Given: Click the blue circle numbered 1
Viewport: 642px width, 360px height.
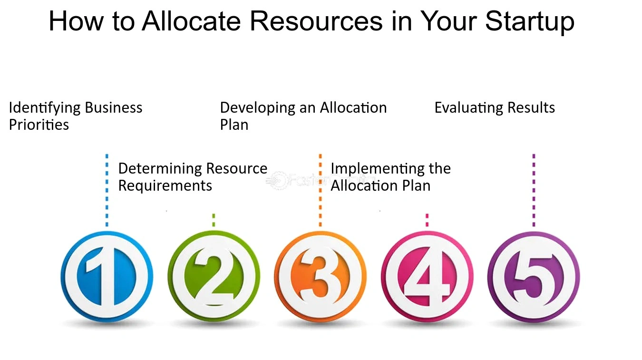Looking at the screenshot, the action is (x=107, y=277).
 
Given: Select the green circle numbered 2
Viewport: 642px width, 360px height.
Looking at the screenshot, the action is (x=214, y=277).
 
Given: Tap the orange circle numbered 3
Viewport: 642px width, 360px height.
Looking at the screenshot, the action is (x=320, y=277).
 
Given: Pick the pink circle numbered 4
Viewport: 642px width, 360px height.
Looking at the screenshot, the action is (x=427, y=277).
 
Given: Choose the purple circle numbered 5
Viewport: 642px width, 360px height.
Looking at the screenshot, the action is (x=534, y=277).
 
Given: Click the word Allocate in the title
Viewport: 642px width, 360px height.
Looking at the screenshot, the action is (x=191, y=21).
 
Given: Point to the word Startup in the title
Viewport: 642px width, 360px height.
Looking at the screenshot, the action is (x=530, y=22).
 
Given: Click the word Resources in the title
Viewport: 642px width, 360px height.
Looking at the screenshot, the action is (x=316, y=21).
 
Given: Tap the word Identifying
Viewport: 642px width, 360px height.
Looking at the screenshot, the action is (x=45, y=108).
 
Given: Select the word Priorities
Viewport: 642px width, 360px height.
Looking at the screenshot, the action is (x=39, y=125).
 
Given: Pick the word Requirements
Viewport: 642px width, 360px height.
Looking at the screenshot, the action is (x=165, y=186).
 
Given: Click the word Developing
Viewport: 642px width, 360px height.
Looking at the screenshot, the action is (x=258, y=108).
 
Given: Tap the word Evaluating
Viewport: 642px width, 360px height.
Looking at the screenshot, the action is (x=468, y=108).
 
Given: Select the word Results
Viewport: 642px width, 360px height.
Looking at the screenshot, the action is (x=531, y=108).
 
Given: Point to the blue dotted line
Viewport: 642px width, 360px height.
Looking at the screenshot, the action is (x=107, y=190).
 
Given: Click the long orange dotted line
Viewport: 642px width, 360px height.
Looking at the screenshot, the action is (x=320, y=190).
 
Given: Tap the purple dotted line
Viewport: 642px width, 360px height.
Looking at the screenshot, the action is (x=534, y=190).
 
